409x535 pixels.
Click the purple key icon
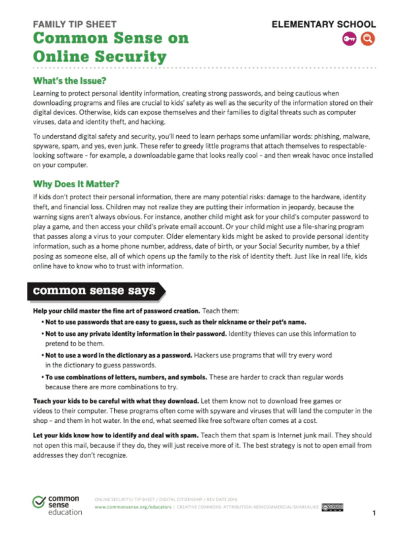click(350, 39)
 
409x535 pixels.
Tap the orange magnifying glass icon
click(367, 39)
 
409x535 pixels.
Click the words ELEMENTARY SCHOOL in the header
click(324, 24)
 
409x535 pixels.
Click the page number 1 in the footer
click(373, 513)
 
